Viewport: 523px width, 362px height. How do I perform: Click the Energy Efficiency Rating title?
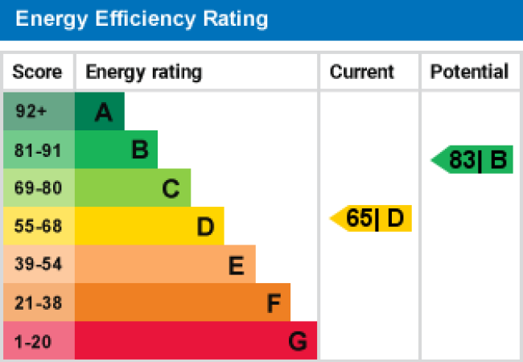click(x=142, y=19)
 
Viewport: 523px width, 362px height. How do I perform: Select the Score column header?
click(x=37, y=72)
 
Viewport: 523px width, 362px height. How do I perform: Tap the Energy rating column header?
click(x=143, y=72)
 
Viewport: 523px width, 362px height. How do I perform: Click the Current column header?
click(x=362, y=72)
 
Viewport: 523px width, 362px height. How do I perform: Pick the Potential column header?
click(x=469, y=72)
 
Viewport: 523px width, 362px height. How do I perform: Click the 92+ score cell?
click(x=31, y=112)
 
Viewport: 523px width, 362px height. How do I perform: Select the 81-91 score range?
click(x=38, y=150)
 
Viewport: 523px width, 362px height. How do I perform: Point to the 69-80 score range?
click(x=38, y=189)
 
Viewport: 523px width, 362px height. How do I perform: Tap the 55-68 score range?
click(x=38, y=227)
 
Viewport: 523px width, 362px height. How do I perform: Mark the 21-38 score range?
click(x=38, y=303)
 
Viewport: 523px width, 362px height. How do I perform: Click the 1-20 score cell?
click(x=33, y=342)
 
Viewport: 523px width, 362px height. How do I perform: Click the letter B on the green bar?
click(x=139, y=150)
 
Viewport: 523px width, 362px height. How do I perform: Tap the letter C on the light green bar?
click(x=171, y=189)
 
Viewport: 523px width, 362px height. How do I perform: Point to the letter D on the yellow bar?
click(x=205, y=228)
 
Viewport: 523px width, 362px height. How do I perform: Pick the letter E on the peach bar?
click(x=236, y=265)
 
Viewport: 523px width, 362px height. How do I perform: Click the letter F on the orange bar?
click(x=274, y=304)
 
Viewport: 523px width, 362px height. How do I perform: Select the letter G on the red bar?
click(x=298, y=342)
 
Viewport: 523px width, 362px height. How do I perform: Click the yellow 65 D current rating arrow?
click(x=373, y=218)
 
